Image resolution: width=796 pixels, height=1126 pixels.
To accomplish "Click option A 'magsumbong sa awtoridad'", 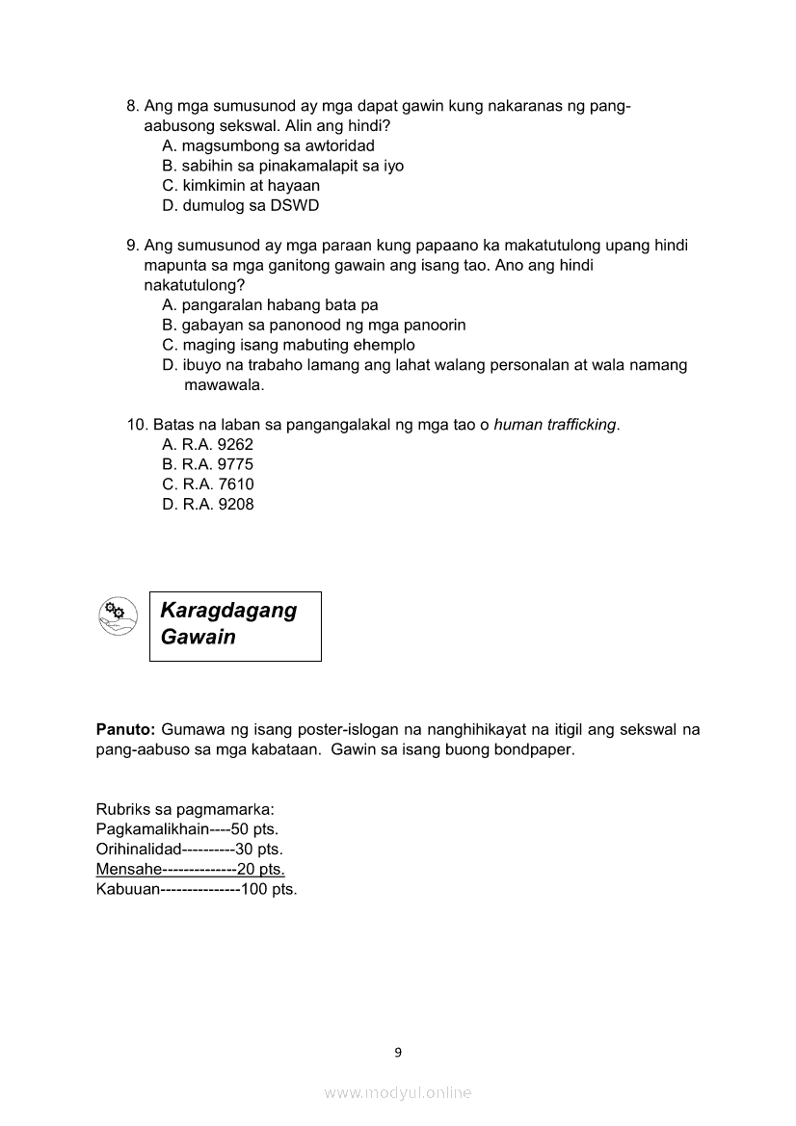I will [268, 145].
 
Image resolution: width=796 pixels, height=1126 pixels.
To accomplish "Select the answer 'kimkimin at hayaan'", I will [241, 185].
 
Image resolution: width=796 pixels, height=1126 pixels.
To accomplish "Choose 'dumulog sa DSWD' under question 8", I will [240, 205].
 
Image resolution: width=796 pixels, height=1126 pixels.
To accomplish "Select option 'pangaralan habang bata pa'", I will [270, 305].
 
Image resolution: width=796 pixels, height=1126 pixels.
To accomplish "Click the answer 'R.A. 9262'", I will [207, 444].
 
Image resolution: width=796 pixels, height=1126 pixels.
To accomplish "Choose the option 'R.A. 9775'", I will [207, 464].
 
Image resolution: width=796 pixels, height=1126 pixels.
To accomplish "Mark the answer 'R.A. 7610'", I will [208, 484].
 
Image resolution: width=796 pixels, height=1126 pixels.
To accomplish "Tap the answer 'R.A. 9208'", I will [208, 504].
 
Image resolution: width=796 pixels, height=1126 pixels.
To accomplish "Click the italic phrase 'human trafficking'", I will [554, 425].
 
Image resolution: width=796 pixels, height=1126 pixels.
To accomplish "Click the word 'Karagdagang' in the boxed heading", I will [228, 611].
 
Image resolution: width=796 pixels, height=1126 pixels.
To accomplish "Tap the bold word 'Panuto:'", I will [125, 729].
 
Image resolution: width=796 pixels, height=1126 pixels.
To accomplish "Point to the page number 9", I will [398, 1052].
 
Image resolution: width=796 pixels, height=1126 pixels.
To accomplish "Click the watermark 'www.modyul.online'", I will [398, 1092].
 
